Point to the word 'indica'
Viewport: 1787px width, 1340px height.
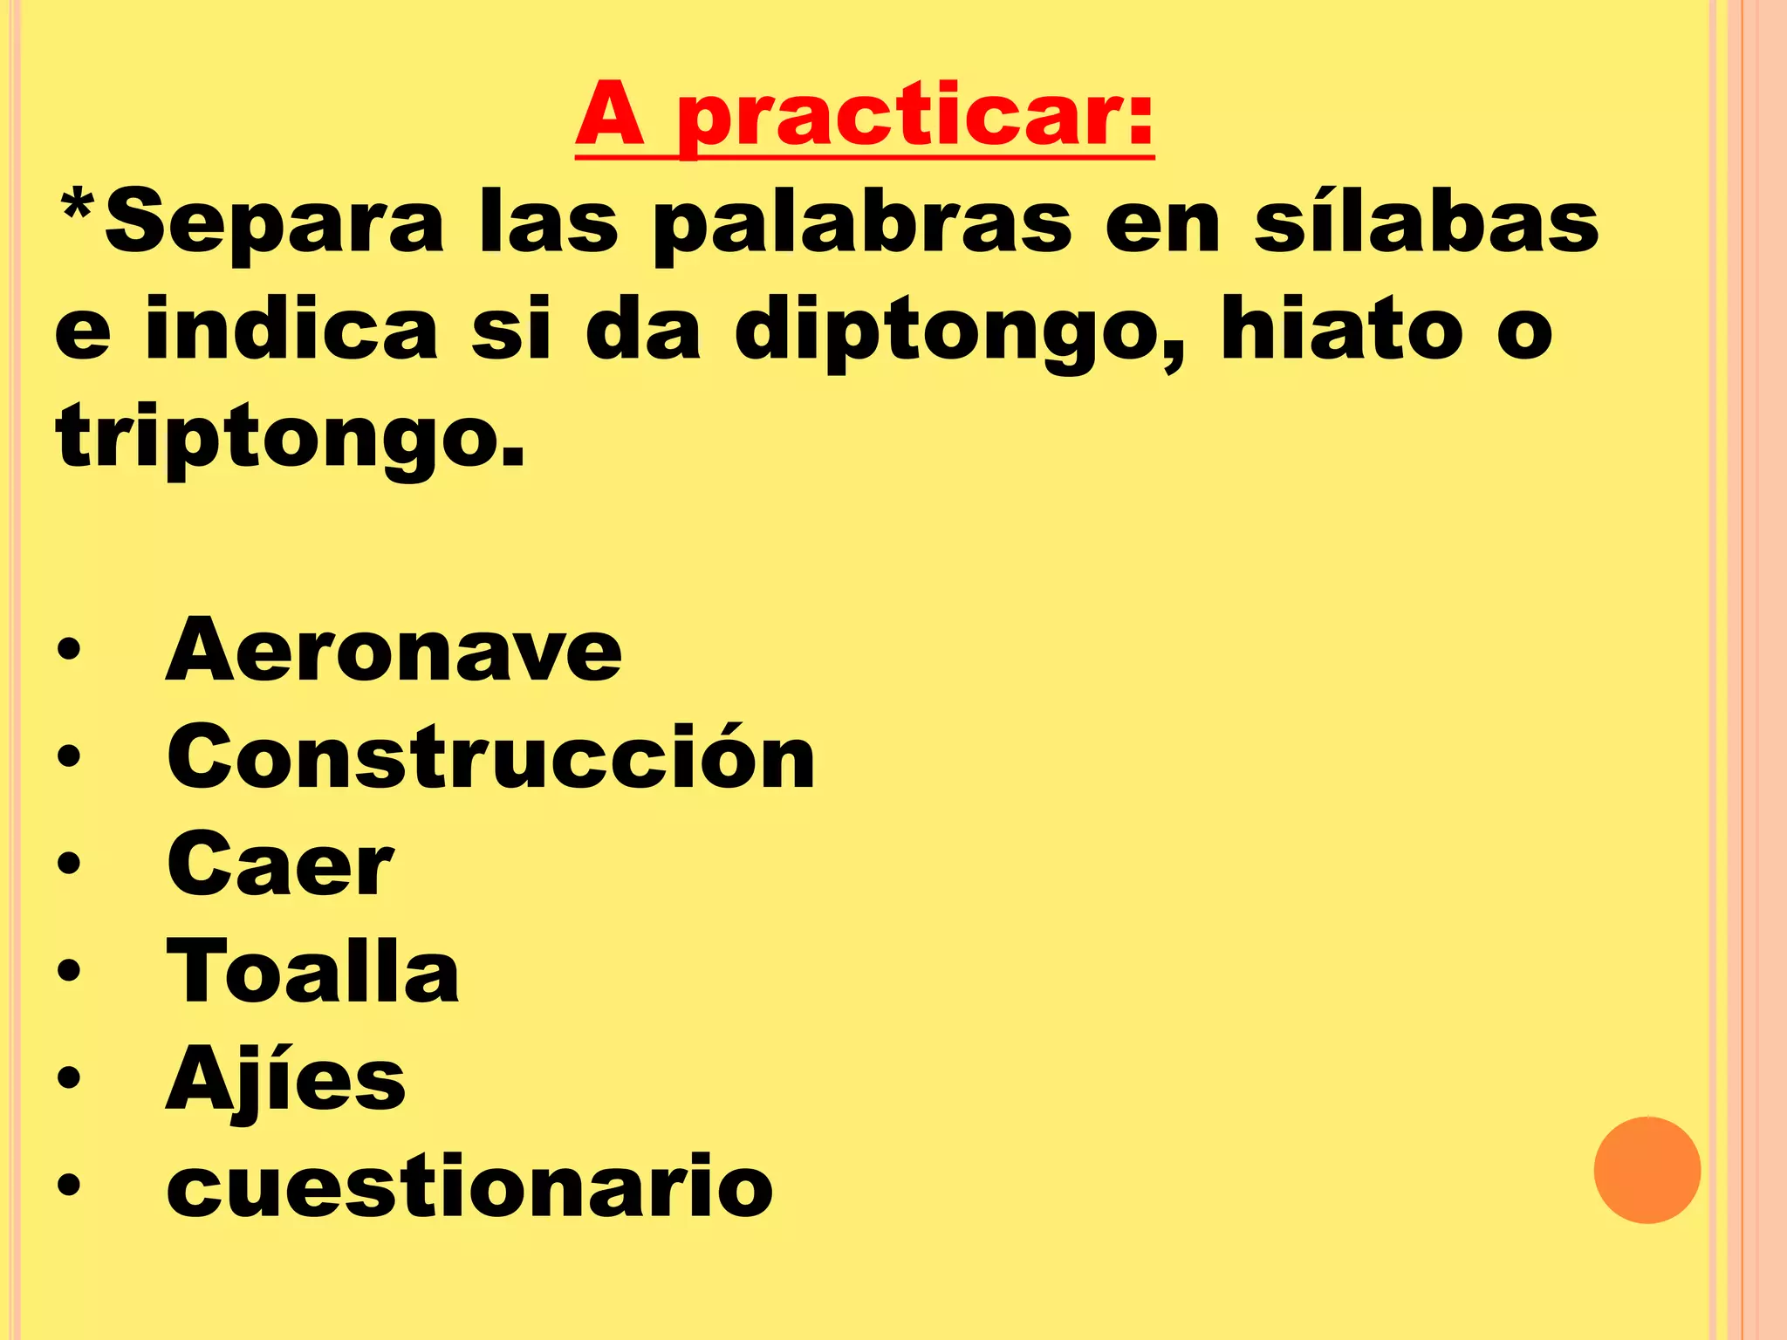click(291, 331)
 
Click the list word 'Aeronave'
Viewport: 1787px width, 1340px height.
click(394, 650)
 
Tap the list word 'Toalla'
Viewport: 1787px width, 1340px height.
click(312, 971)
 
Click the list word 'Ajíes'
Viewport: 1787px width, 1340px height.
click(285, 1080)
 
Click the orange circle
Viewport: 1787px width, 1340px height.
click(1647, 1170)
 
